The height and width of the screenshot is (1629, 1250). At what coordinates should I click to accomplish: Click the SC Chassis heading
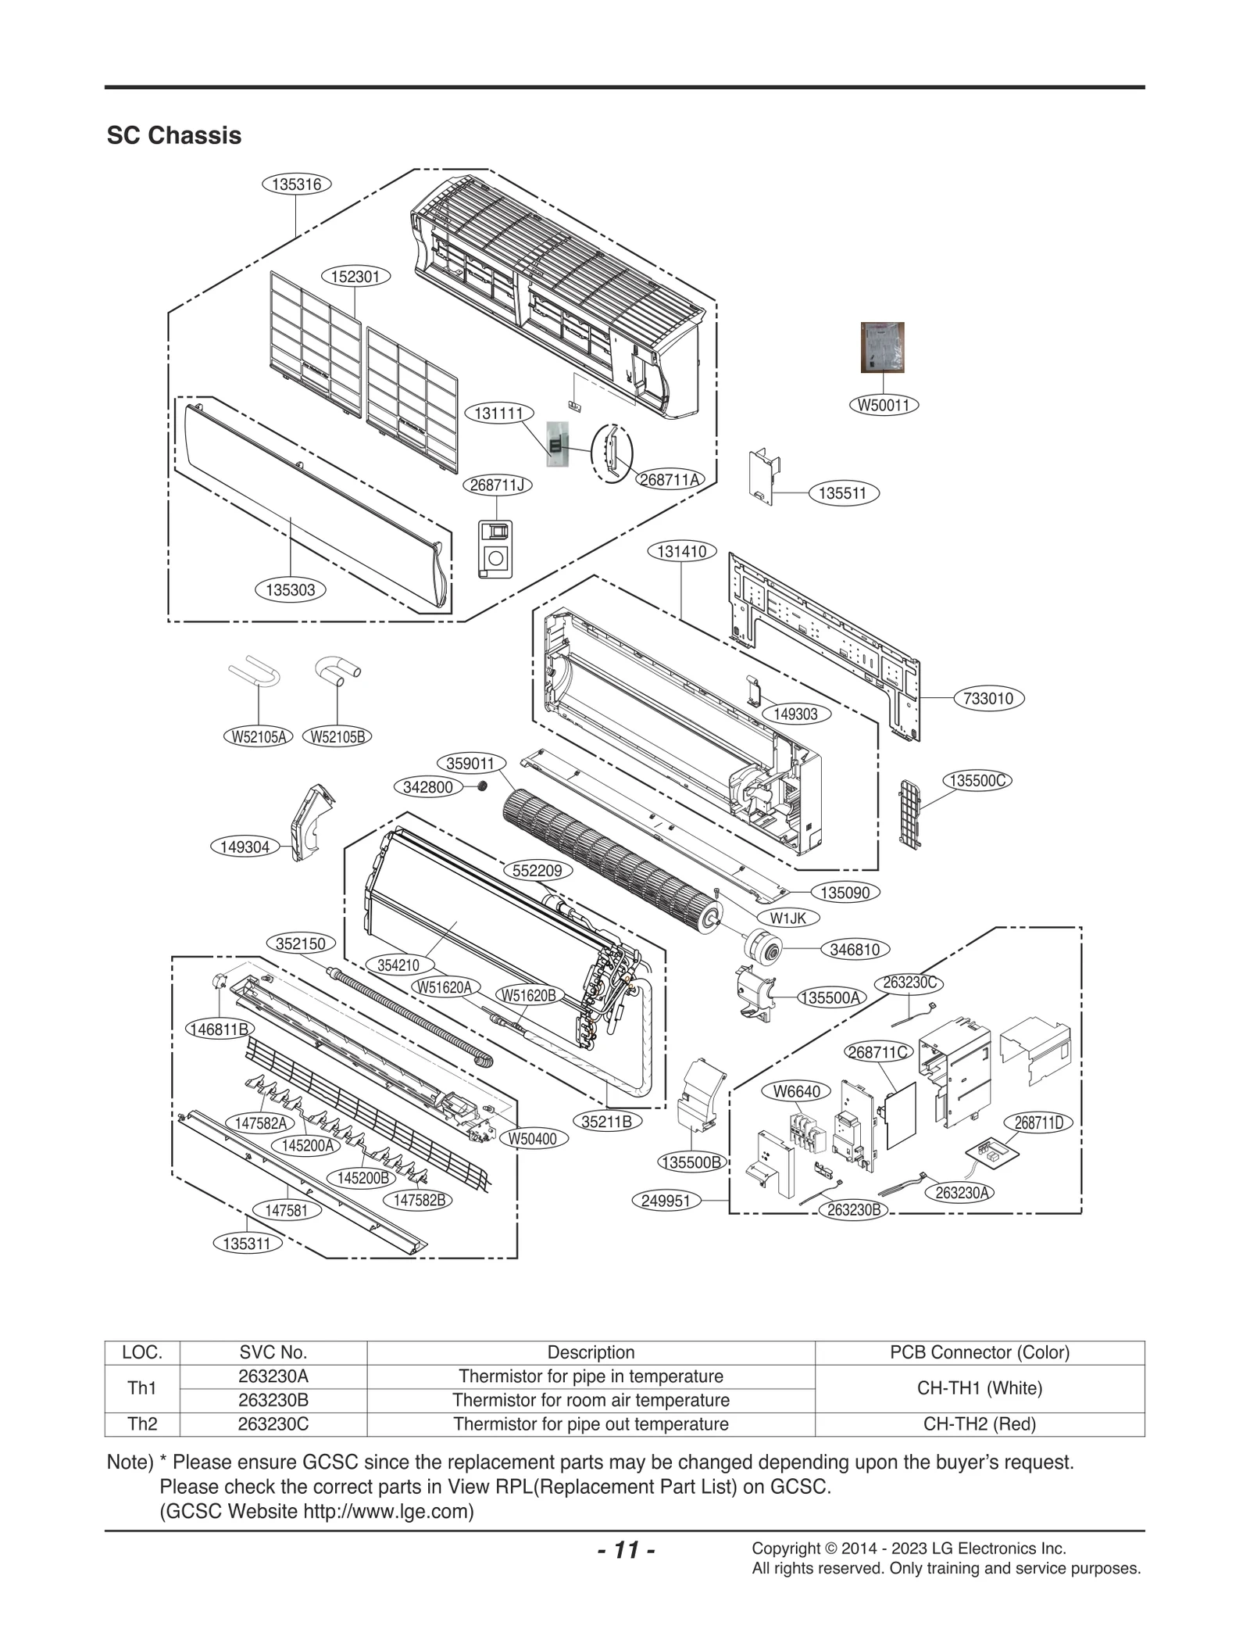pyautogui.click(x=173, y=135)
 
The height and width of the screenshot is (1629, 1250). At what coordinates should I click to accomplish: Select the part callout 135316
pyautogui.click(x=296, y=184)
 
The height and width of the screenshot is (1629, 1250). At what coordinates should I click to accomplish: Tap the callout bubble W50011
pyautogui.click(x=883, y=405)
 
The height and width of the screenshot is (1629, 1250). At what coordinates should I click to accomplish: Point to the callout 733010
pyautogui.click(x=988, y=699)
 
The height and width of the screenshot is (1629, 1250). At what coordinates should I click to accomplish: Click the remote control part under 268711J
pyautogui.click(x=495, y=549)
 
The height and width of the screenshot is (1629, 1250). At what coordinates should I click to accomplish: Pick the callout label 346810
pyautogui.click(x=855, y=950)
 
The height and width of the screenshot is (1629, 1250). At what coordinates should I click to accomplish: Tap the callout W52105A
pyautogui.click(x=257, y=736)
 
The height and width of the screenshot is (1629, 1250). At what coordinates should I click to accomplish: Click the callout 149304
pyautogui.click(x=245, y=847)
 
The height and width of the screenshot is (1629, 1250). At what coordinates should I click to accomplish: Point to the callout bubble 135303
pyautogui.click(x=290, y=590)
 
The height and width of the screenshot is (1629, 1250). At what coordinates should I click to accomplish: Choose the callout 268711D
pyautogui.click(x=1039, y=1123)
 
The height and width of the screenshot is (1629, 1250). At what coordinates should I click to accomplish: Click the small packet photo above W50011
pyautogui.click(x=882, y=347)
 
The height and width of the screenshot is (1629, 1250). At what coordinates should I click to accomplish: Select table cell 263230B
pyautogui.click(x=273, y=1400)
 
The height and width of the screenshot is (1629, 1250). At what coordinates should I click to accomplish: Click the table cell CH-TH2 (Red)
pyautogui.click(x=979, y=1424)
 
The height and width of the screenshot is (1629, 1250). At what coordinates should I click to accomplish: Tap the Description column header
pyautogui.click(x=591, y=1352)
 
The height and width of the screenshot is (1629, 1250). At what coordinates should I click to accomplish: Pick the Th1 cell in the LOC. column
pyautogui.click(x=142, y=1388)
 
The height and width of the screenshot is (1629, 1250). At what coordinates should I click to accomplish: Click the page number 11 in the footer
pyautogui.click(x=626, y=1549)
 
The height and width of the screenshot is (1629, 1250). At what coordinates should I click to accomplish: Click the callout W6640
pyautogui.click(x=796, y=1091)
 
